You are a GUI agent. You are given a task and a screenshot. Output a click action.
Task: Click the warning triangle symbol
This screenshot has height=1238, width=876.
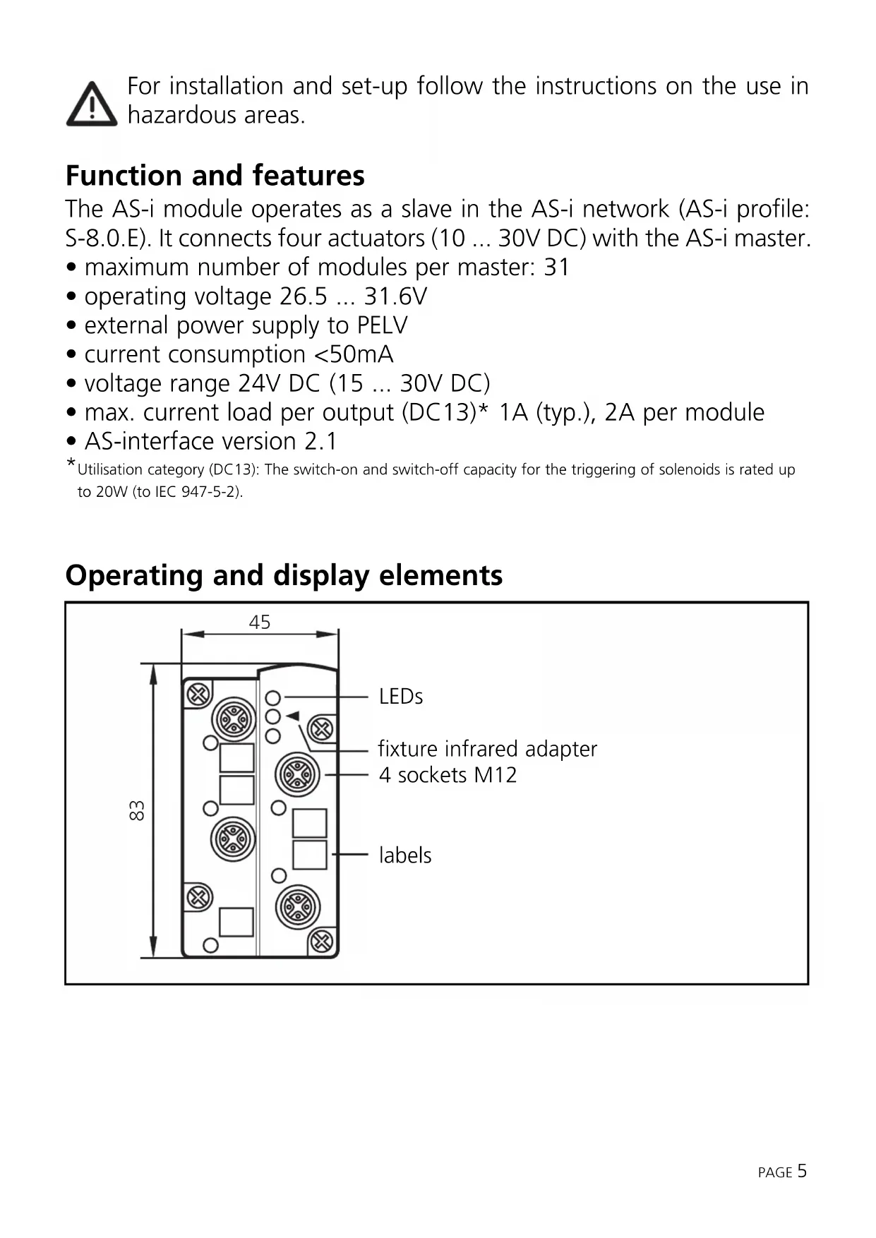(x=92, y=104)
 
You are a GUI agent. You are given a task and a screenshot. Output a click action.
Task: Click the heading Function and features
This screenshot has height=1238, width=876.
(x=215, y=175)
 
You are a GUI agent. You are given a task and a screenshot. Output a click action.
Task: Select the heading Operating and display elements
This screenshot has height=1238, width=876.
(x=284, y=575)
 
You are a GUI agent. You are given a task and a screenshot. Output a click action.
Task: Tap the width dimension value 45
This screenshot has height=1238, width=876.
(x=259, y=622)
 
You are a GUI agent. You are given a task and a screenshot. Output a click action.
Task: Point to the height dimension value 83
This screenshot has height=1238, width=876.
(x=137, y=810)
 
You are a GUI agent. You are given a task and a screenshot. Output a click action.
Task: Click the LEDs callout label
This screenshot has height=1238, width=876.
(x=400, y=697)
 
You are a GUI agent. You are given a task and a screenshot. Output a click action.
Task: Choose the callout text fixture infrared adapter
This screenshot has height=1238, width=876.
(x=487, y=748)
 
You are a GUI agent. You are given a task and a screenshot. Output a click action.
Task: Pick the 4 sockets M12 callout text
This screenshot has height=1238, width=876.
(x=448, y=775)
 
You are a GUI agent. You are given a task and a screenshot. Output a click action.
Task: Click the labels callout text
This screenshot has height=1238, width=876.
(x=404, y=855)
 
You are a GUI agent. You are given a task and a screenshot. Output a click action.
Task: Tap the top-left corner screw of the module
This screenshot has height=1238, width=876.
(x=198, y=695)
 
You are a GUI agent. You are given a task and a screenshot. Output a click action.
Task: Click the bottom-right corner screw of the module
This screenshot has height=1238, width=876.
(x=322, y=941)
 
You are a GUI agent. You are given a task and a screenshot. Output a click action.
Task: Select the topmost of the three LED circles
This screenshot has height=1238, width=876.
(x=273, y=698)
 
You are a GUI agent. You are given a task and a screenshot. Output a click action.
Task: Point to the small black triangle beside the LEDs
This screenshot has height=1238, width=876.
(x=293, y=716)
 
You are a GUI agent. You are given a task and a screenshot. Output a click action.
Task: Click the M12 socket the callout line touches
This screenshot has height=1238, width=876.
(x=297, y=775)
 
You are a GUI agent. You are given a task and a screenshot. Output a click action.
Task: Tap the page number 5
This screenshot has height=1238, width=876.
(x=802, y=1172)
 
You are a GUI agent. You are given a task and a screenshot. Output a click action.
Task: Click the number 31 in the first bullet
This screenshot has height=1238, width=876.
(x=556, y=268)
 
